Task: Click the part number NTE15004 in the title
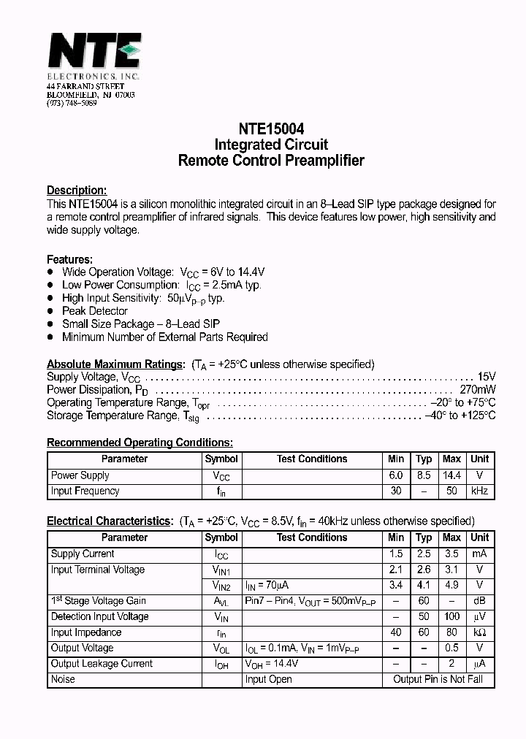(x=270, y=128)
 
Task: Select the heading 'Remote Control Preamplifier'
(x=270, y=161)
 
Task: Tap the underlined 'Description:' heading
(x=77, y=191)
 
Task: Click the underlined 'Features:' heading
(x=69, y=259)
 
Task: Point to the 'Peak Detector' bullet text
(x=95, y=311)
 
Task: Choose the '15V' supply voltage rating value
(x=486, y=377)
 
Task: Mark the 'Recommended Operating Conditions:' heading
(x=140, y=443)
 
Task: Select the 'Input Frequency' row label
(x=85, y=491)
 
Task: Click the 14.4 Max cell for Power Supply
(x=451, y=475)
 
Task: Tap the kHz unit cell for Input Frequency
(x=479, y=491)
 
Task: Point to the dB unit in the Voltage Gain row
(x=479, y=601)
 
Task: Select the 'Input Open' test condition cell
(x=268, y=680)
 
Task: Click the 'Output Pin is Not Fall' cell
(x=438, y=680)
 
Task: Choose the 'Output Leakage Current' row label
(x=102, y=664)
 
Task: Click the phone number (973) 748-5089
(x=72, y=104)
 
